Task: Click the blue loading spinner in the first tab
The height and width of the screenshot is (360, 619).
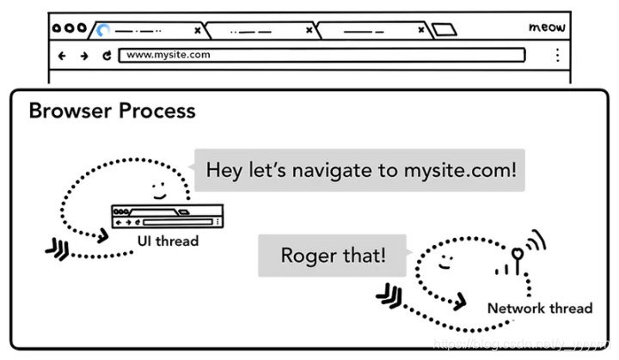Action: (103, 30)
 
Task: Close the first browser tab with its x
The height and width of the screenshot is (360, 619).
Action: (197, 30)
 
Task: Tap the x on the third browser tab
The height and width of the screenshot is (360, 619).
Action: (421, 30)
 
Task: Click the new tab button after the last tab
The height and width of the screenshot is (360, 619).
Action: (444, 30)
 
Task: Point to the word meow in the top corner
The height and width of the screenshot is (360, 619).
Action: (546, 27)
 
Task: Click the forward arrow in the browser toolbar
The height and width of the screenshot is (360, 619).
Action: (83, 56)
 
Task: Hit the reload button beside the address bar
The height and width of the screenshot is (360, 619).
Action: (107, 56)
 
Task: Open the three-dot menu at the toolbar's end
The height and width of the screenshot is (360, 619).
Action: (557, 56)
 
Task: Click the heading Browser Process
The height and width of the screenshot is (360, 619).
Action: (112, 111)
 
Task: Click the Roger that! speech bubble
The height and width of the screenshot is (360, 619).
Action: (334, 255)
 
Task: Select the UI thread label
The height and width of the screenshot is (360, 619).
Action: (168, 241)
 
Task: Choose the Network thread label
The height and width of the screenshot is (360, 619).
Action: (539, 308)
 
